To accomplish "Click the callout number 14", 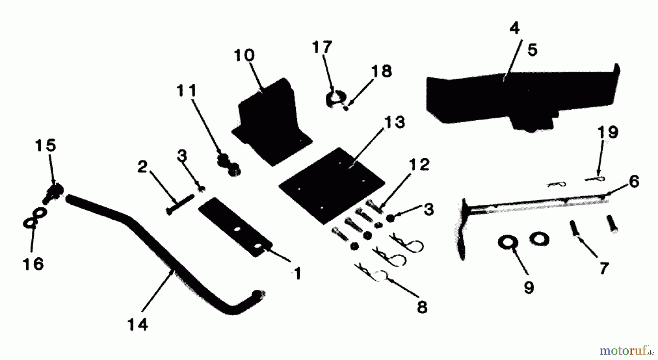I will [138, 324].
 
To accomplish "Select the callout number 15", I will [45, 145].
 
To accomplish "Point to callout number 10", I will [244, 56].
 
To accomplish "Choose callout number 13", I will [394, 122].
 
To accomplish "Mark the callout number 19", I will [608, 132].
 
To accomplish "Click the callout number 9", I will [529, 287].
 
